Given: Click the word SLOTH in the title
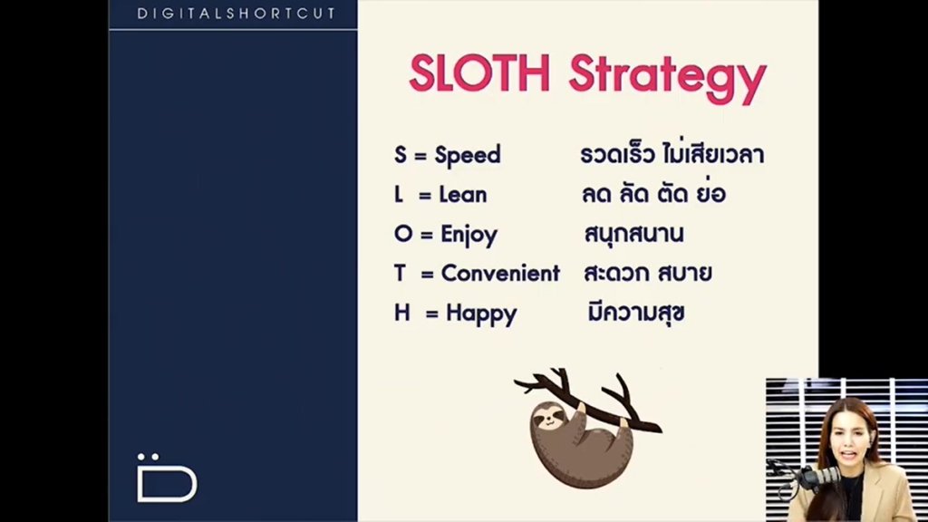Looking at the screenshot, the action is pos(479,73).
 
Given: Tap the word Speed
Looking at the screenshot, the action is pos(468,156).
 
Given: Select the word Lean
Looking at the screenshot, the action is pos(463,195).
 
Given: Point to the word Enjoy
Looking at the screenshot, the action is pos(469,236).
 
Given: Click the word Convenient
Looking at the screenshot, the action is pos(500,274).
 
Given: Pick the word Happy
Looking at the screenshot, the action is pos(481,314).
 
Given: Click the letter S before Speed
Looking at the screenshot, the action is pos(401,155).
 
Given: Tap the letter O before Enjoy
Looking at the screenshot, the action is pos(403,234).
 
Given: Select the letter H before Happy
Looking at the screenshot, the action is pos(401,313).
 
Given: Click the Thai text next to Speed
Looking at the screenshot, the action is pos(672,154).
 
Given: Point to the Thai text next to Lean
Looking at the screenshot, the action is pos(653,193).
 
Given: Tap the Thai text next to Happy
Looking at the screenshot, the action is pos(635,313).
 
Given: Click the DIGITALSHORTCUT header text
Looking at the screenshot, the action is pos(237,14).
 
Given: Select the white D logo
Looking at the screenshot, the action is pos(167,478).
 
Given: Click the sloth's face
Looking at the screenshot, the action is pos(548,418).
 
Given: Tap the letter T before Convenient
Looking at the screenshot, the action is pos(400,274).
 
